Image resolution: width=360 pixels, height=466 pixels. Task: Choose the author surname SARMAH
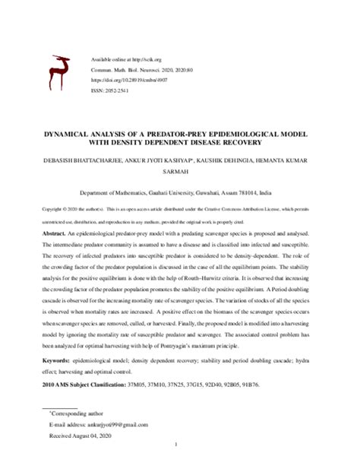point(179,173)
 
